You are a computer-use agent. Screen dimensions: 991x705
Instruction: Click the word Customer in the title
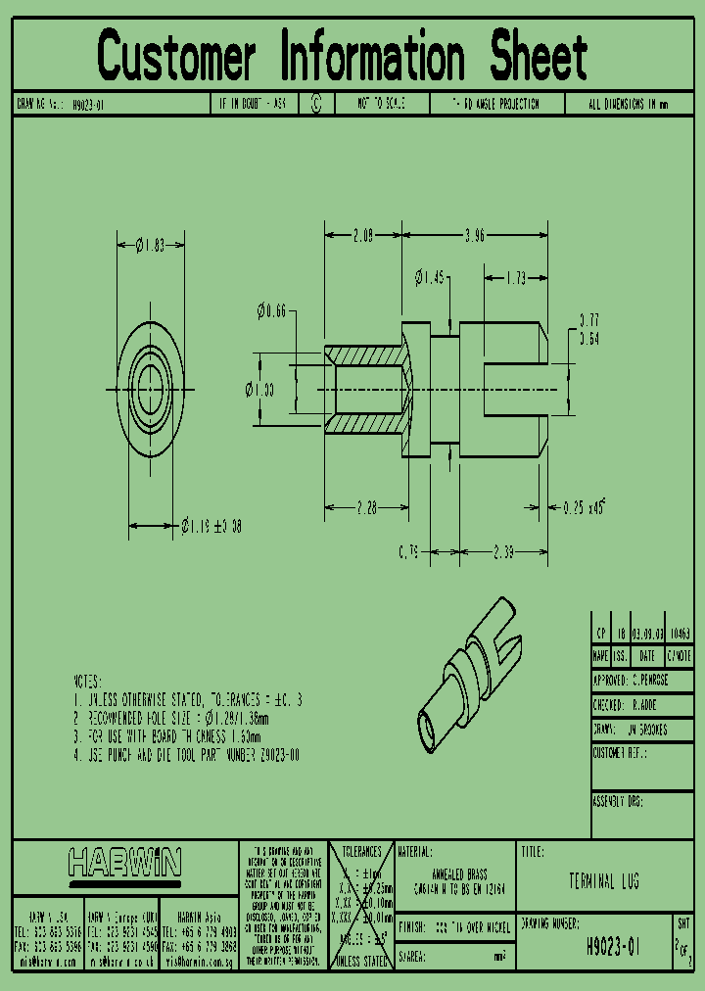[176, 57]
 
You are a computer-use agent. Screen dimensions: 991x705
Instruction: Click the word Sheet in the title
[538, 57]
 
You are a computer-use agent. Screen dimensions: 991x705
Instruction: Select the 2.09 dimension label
[361, 235]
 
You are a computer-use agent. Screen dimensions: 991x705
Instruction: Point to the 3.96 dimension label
[473, 235]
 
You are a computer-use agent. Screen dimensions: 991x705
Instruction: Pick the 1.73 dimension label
[514, 278]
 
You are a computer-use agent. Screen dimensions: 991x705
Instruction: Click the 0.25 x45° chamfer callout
[585, 507]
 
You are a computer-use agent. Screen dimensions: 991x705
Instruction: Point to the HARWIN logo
[124, 863]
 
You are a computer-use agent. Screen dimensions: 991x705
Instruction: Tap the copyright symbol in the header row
[315, 103]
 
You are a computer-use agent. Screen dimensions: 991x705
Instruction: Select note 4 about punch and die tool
[187, 756]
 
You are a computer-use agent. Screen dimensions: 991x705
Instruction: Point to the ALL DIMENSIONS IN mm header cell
[629, 104]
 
